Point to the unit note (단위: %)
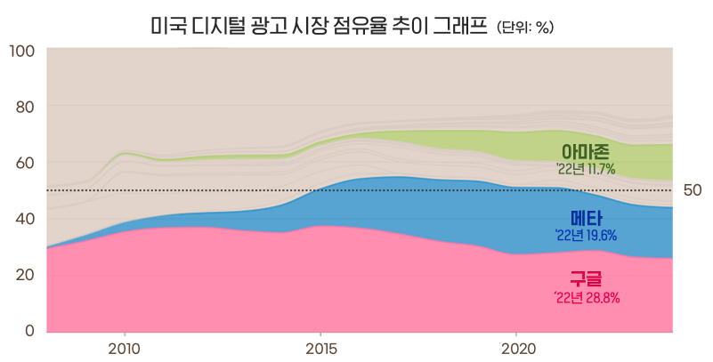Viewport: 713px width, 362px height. point(525,28)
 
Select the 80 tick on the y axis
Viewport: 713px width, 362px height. point(25,107)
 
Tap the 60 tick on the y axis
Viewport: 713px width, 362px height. point(25,163)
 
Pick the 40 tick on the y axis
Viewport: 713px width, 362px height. point(25,219)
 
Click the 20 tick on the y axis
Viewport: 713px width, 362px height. point(25,275)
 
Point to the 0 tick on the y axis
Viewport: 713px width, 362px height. point(29,331)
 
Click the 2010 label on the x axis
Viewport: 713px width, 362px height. point(125,347)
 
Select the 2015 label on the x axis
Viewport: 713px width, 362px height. point(320,347)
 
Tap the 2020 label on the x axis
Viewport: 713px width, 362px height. point(517,347)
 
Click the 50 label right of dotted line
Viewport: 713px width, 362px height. point(693,190)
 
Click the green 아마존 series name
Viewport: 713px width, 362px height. point(585,151)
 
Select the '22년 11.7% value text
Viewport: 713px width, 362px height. point(585,168)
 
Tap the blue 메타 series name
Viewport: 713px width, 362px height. point(586,219)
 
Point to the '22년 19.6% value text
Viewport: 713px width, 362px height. point(586,236)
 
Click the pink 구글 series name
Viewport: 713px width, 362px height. point(586,279)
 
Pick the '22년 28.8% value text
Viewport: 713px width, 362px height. point(586,296)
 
